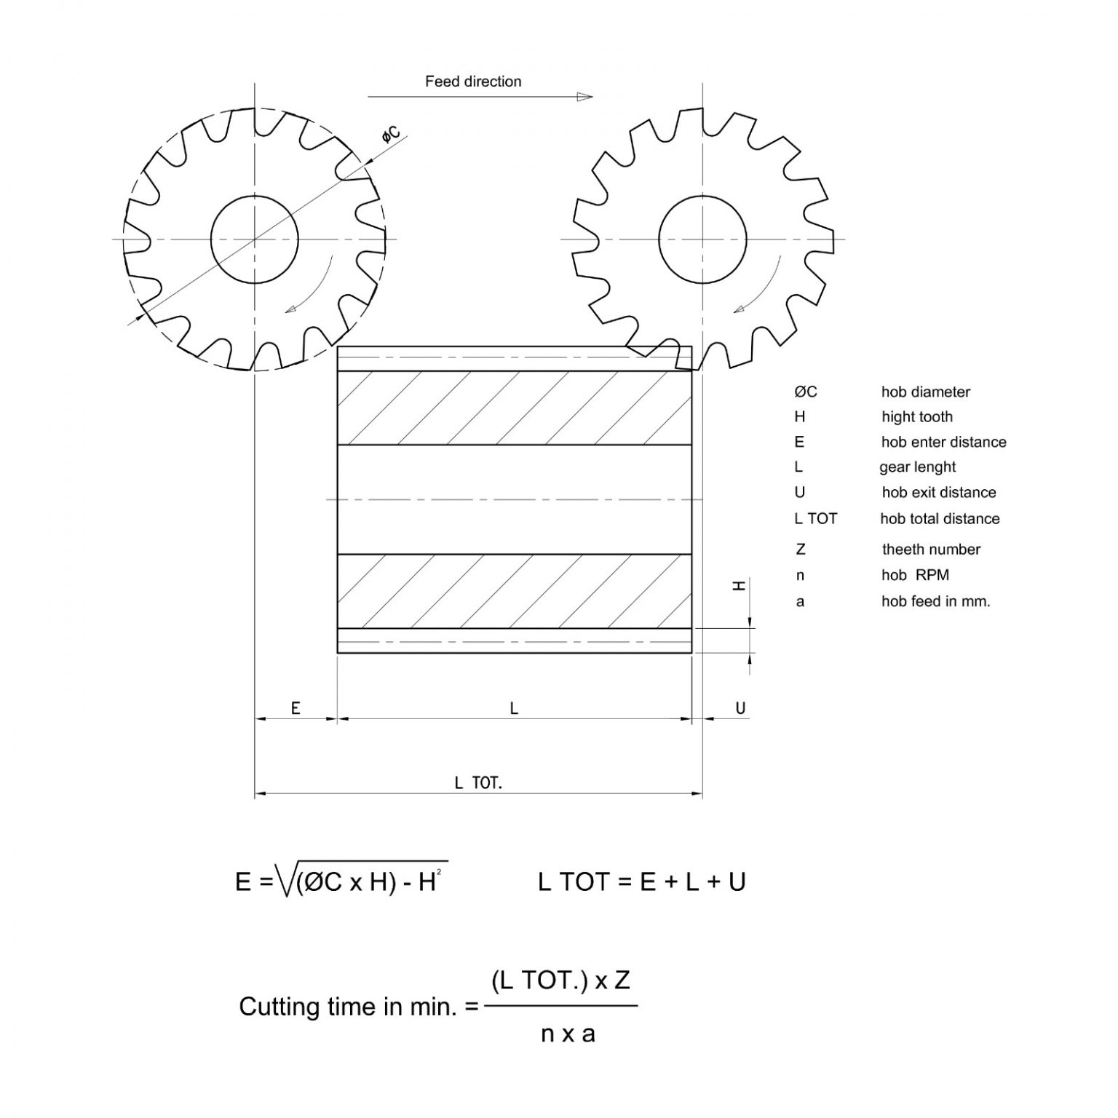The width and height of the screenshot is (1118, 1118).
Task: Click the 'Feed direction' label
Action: [x=473, y=82]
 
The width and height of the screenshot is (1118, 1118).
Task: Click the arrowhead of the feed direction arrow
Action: [x=584, y=97]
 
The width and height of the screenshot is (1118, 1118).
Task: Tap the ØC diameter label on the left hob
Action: [x=392, y=135]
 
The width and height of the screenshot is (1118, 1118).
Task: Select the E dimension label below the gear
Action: [x=296, y=708]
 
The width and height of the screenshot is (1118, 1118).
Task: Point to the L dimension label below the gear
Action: [x=514, y=708]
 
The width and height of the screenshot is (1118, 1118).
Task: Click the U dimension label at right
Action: [x=740, y=708]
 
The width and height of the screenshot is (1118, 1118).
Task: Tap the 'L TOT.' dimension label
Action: [x=478, y=783]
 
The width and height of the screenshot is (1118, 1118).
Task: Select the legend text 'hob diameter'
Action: [x=925, y=392]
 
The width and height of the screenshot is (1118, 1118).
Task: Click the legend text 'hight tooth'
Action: [x=916, y=417]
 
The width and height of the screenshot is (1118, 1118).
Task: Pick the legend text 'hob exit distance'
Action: [x=938, y=493]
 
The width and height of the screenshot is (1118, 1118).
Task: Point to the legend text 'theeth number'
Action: [x=931, y=550]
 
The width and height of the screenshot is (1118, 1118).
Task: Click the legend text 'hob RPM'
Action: [x=915, y=575]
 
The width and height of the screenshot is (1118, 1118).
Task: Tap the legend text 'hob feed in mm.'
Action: [x=935, y=602]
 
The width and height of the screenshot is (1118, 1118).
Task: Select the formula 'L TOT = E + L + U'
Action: [x=641, y=882]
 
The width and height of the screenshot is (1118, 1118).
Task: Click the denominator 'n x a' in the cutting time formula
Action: [x=568, y=1034]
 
